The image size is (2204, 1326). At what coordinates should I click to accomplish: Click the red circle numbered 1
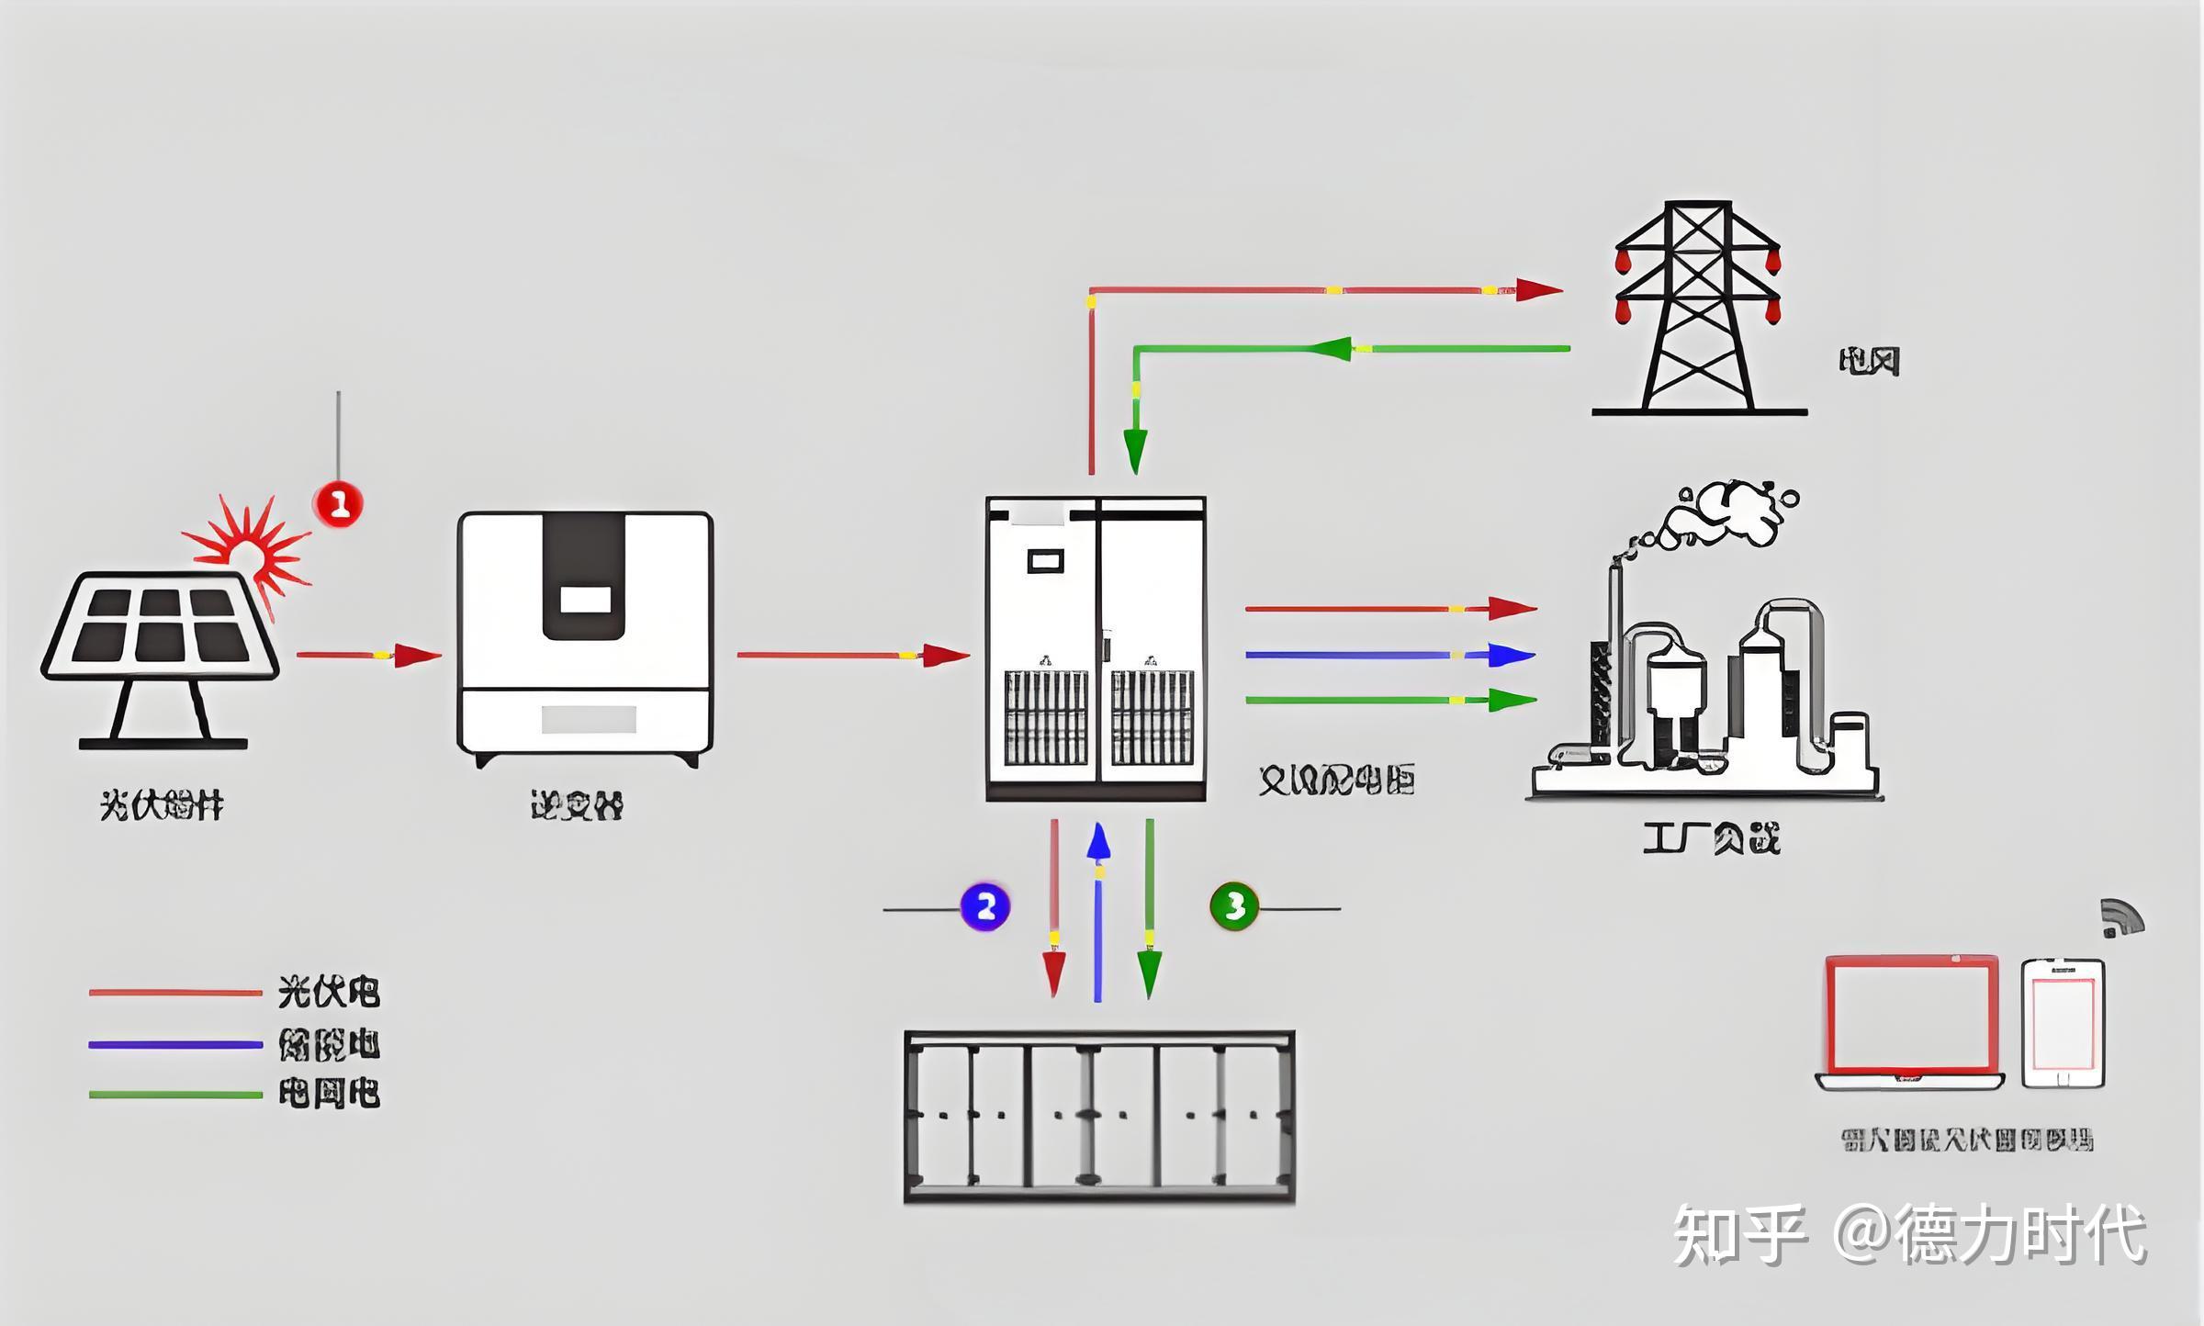pos(339,503)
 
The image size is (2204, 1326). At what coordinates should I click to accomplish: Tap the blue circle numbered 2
pos(985,907)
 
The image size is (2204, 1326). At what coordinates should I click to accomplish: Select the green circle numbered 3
pos(1234,907)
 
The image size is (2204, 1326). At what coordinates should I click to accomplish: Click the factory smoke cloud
pos(1726,514)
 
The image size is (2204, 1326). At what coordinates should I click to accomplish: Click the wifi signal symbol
pos(2121,919)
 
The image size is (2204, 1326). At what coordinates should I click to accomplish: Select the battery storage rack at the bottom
pos(1099,1117)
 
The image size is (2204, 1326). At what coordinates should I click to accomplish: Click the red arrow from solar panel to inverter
pos(367,655)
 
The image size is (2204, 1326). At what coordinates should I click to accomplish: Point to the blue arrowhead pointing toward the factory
pos(1512,655)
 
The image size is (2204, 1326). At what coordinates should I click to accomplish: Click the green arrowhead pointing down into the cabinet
pos(1136,450)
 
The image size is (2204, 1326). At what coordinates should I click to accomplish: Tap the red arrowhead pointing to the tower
pos(1538,290)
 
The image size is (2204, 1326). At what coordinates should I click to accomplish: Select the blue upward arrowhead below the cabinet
pos(1098,841)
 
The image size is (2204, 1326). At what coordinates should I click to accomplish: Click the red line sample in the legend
pos(174,993)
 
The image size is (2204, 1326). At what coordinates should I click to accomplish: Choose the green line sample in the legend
pos(174,1095)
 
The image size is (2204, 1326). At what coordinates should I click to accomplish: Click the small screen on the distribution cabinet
pos(1045,560)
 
